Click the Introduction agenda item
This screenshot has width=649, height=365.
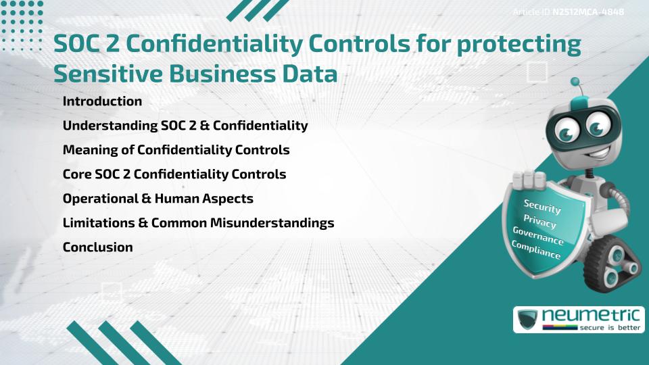(x=102, y=101)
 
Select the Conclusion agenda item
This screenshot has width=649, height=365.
(x=97, y=247)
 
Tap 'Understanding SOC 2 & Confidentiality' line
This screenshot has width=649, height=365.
(x=185, y=126)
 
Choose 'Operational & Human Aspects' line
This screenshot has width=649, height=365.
(x=158, y=199)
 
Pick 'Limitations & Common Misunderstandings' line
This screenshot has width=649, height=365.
(x=198, y=223)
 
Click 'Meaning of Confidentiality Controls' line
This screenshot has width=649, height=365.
(x=176, y=150)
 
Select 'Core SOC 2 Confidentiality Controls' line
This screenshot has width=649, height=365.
(x=174, y=174)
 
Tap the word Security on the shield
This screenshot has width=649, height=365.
(x=542, y=206)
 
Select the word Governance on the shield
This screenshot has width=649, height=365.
(x=537, y=236)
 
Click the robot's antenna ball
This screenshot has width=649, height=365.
(x=575, y=82)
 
